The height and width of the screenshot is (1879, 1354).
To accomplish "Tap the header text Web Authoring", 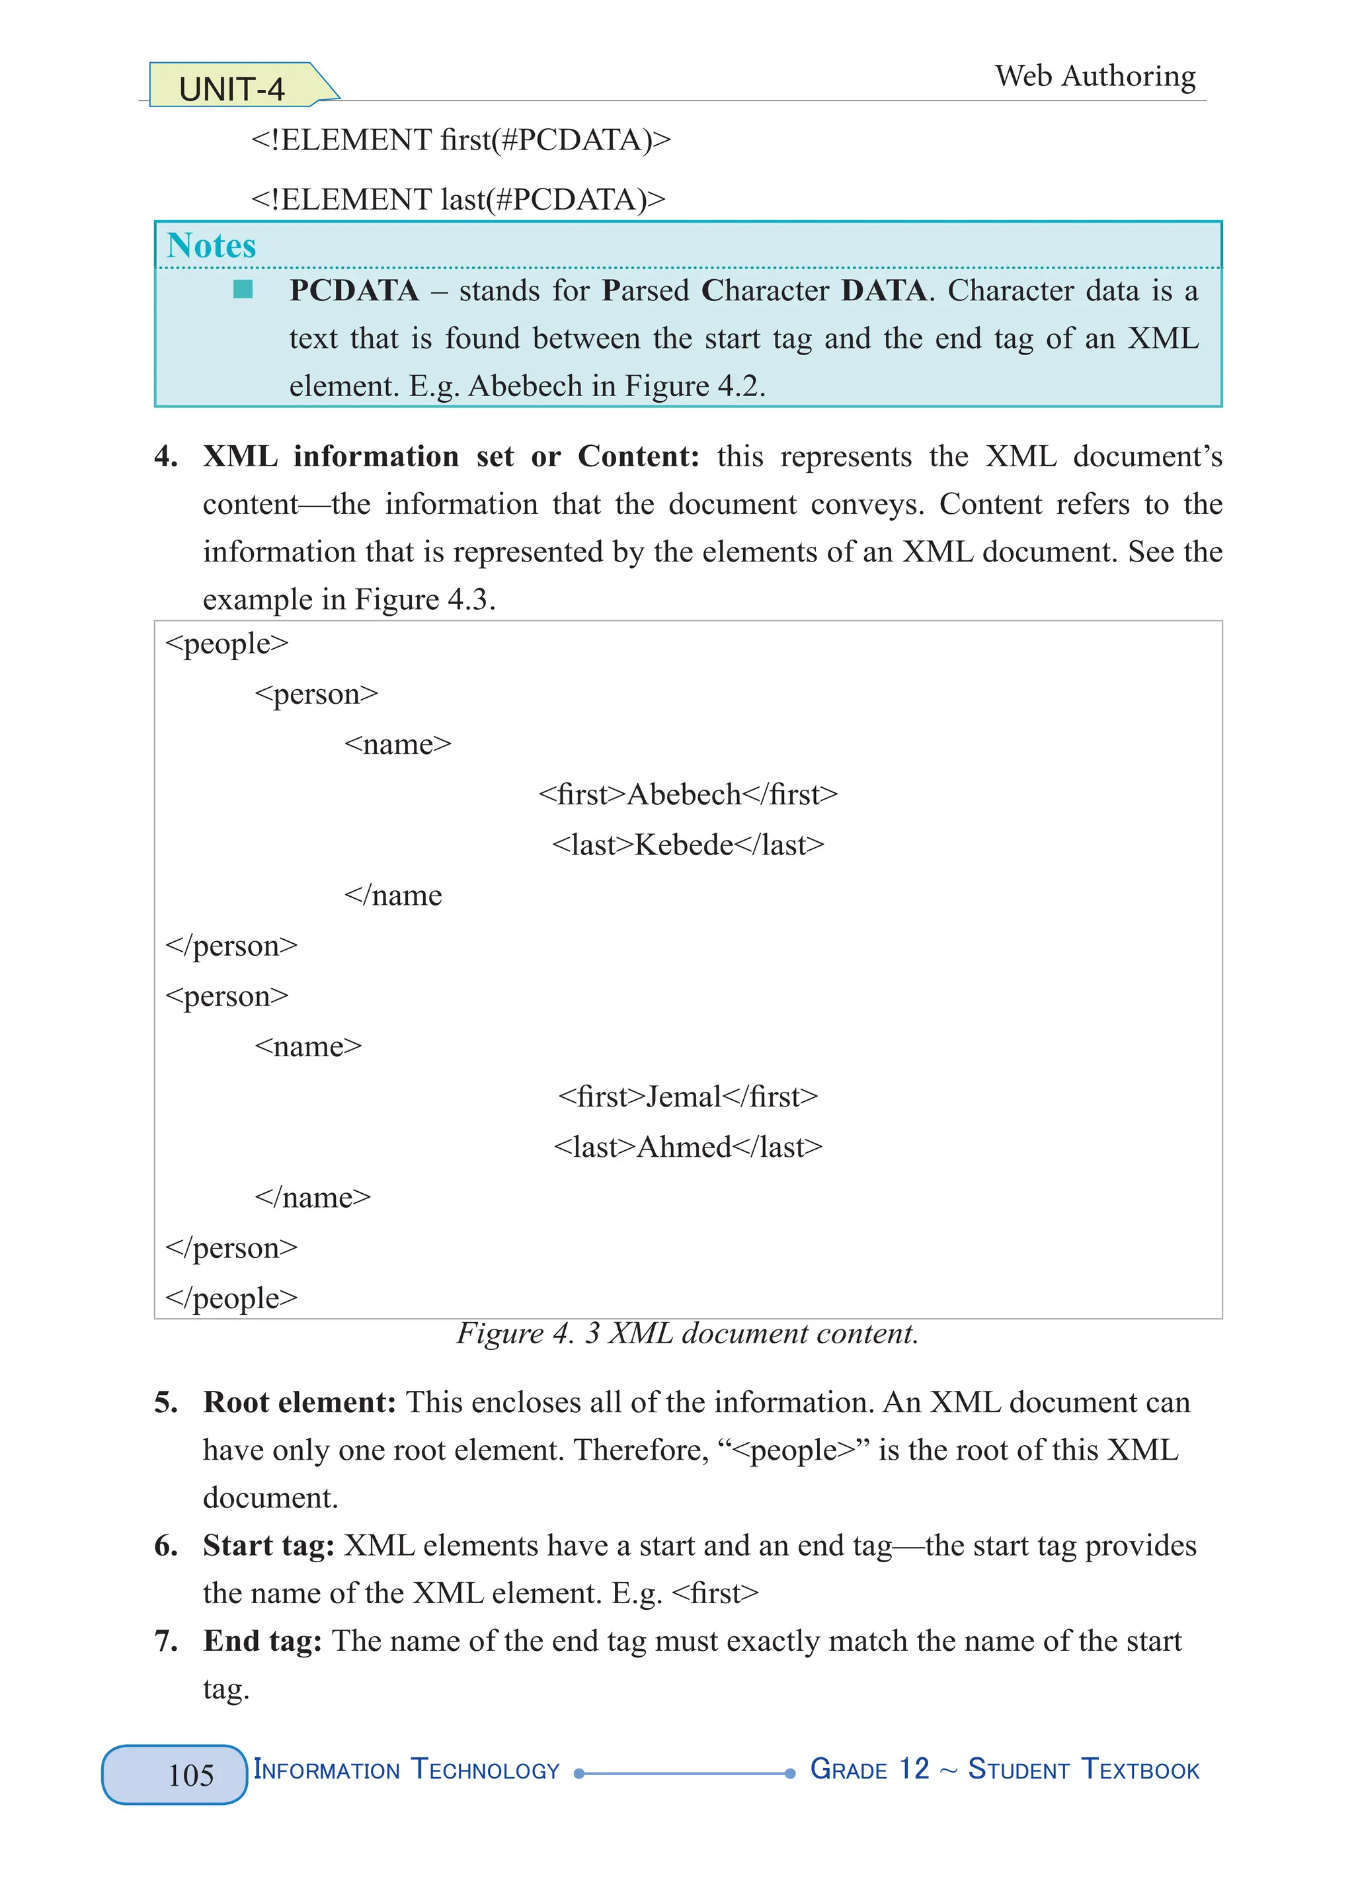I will pos(1095,76).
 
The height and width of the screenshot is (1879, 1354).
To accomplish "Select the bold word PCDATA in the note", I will pos(354,291).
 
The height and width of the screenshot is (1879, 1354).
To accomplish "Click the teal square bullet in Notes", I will pos(243,289).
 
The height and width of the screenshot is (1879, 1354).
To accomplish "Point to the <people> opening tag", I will pos(227,644).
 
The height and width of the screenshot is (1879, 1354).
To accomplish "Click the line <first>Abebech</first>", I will pos(688,794).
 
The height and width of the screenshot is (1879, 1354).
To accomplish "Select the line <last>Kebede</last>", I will pos(688,845).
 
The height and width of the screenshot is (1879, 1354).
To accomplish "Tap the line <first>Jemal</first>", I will pos(688,1097).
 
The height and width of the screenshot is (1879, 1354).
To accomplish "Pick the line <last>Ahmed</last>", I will pos(688,1148).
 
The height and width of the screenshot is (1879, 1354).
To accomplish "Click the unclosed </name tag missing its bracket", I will pos(393,896).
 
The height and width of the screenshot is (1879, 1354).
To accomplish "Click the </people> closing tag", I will pos(231,1298).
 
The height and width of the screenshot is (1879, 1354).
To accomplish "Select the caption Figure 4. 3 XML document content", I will pos(688,1334).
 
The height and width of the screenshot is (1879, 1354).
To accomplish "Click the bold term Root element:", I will pos(299,1403).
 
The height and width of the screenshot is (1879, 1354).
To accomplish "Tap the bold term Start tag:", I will pos(268,1546).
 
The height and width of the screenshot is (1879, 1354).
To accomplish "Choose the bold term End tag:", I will pos(262,1641).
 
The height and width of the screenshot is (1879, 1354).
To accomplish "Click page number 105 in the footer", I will pos(190,1775).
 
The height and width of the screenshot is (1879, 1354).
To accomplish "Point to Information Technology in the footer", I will pos(406,1770).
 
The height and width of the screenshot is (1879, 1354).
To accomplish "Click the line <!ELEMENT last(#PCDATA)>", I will pos(458,200).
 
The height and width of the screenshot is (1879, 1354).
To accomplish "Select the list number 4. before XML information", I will pos(166,456).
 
